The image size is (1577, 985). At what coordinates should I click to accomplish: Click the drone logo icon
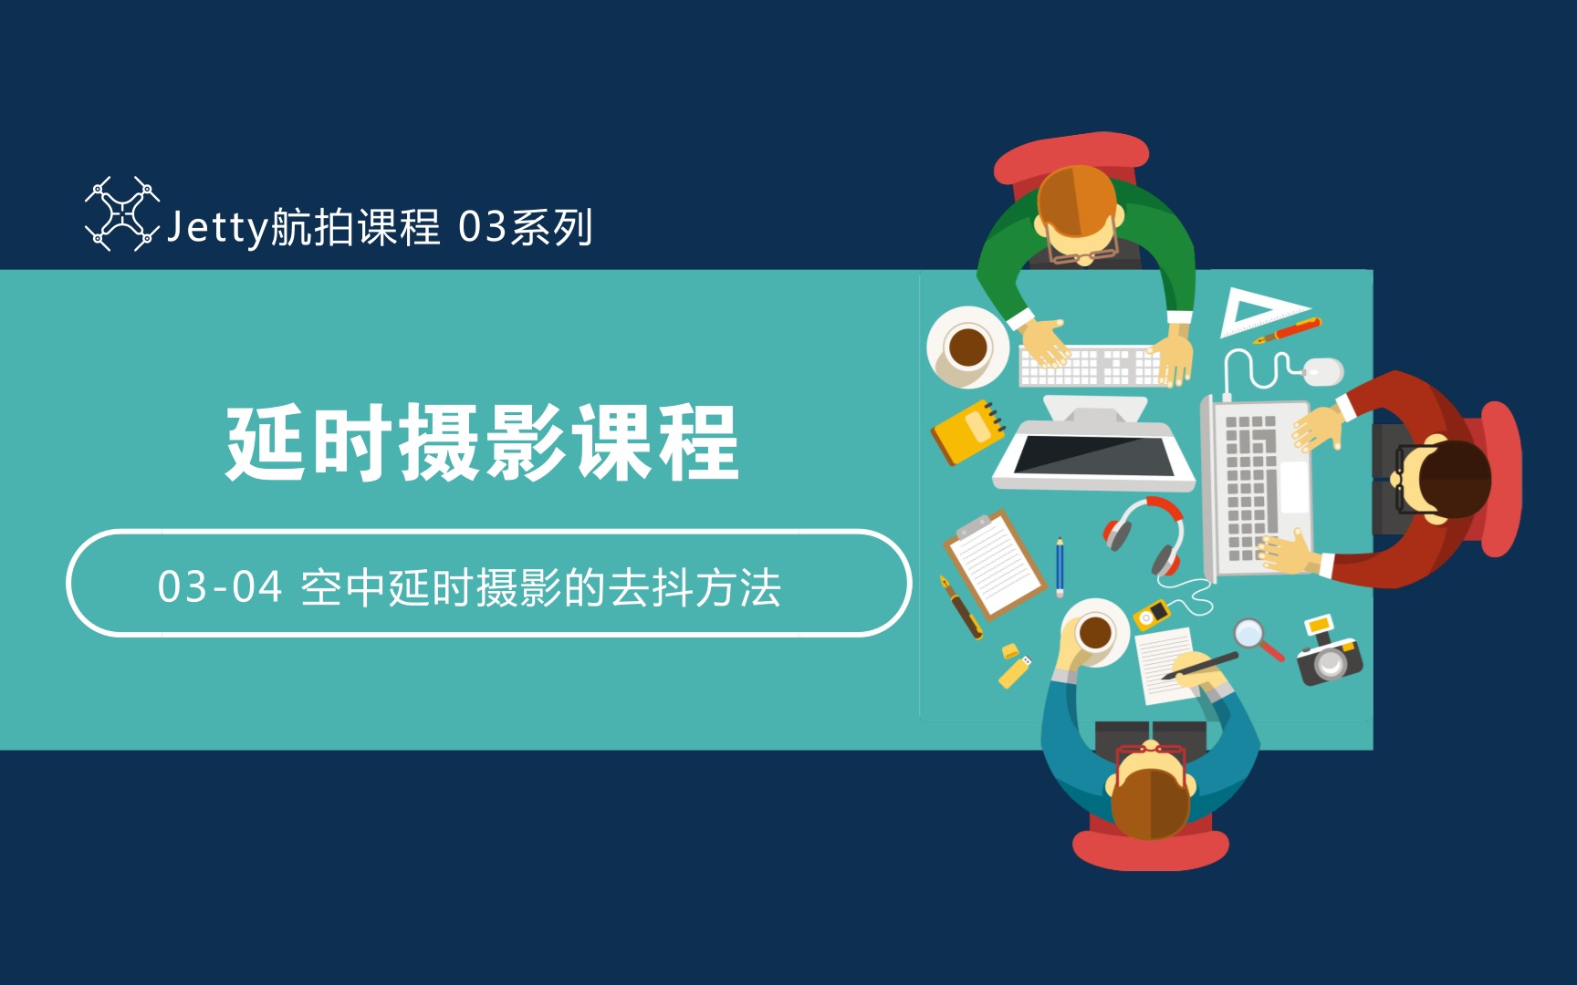point(121,213)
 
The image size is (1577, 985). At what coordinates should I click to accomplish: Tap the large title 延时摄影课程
point(482,443)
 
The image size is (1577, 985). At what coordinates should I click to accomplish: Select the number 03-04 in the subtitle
point(219,587)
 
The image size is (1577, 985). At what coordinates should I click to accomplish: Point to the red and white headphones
point(1147,533)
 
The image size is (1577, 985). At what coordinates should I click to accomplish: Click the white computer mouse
point(1322,370)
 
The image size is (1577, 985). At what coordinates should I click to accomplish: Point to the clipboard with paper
point(994,563)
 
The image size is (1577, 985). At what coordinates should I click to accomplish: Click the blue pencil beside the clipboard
point(1060,566)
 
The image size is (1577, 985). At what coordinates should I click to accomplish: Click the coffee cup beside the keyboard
point(966,347)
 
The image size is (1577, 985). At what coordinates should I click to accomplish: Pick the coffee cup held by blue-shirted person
point(1094,631)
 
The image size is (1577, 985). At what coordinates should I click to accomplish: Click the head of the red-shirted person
point(1446,480)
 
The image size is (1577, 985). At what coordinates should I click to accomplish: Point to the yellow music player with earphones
point(1152,614)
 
